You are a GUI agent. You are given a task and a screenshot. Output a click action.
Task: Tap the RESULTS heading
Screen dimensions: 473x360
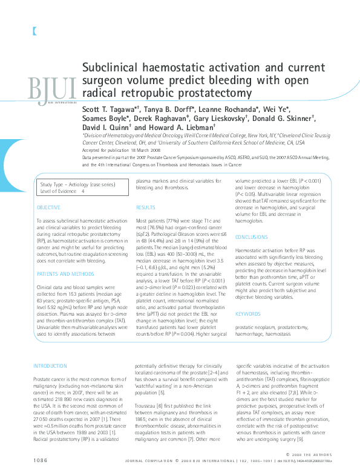pyautogui.click(x=146, y=207)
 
